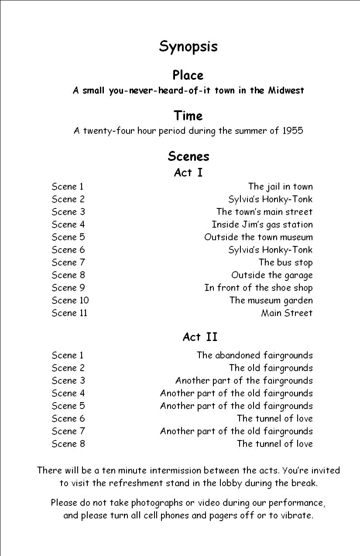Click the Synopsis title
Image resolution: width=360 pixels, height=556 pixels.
[x=188, y=47]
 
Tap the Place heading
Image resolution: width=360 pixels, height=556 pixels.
[x=188, y=75]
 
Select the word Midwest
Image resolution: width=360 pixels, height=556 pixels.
[x=286, y=91]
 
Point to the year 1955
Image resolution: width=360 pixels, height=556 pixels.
[x=290, y=131]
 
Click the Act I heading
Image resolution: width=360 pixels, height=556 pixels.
[x=188, y=173]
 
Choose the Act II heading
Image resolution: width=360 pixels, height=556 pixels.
[x=200, y=337]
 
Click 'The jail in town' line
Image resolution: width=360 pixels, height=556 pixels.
[x=280, y=187]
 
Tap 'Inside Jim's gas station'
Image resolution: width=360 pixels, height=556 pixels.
[x=262, y=225]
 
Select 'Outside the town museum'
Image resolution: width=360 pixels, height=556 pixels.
[x=258, y=237]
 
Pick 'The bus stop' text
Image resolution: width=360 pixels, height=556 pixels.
[x=285, y=263]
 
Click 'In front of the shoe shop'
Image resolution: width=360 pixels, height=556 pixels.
[x=258, y=288]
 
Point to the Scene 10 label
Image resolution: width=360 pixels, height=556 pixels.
[x=70, y=300]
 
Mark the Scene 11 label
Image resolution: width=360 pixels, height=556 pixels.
[x=69, y=313]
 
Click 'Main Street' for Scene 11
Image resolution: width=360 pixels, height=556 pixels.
[x=287, y=313]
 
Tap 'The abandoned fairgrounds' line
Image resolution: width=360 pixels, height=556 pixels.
[x=254, y=355]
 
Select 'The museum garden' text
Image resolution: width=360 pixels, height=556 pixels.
[x=271, y=300]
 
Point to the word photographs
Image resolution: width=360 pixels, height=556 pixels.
[x=157, y=503]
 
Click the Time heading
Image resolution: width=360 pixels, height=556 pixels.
[x=188, y=116]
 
